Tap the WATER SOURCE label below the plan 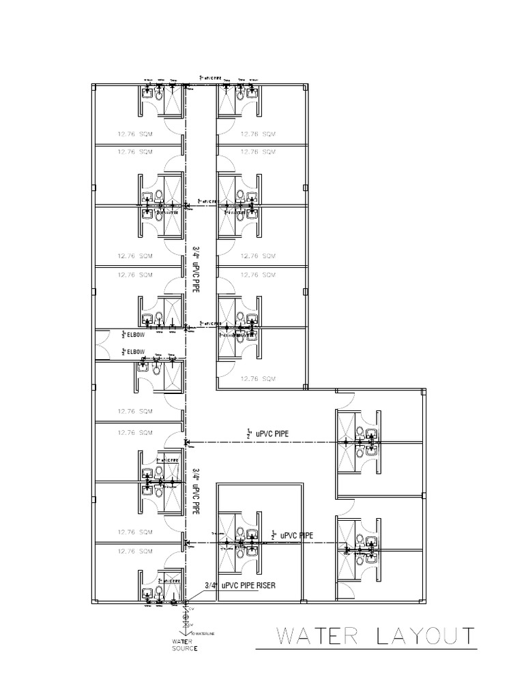pos(184,645)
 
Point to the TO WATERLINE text pos(202,633)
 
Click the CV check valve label pos(192,609)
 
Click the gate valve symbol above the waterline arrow pos(186,622)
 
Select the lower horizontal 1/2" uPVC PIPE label pos(293,535)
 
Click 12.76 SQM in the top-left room pos(134,134)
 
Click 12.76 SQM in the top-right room pos(257,134)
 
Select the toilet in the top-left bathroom pos(158,96)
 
